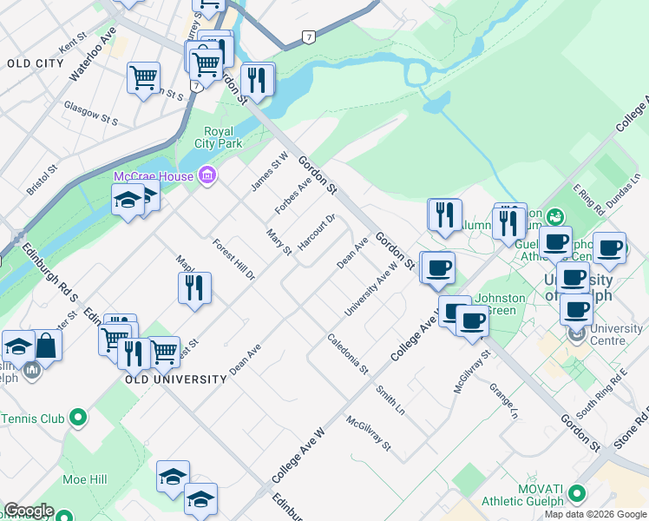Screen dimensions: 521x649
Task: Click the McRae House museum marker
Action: (206, 176)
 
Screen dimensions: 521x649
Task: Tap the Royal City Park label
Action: (218, 137)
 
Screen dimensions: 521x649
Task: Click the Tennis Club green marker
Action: (78, 418)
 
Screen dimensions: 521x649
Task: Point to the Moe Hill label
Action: (84, 479)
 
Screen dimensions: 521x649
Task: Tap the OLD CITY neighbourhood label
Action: (35, 63)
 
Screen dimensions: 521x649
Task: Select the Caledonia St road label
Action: (348, 354)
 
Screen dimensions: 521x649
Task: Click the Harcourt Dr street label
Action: (317, 233)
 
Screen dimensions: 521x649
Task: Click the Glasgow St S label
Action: (90, 111)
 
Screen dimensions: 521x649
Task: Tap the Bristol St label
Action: (41, 179)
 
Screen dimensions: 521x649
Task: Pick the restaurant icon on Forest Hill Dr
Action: (195, 287)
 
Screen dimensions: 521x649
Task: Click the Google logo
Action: (29, 511)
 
